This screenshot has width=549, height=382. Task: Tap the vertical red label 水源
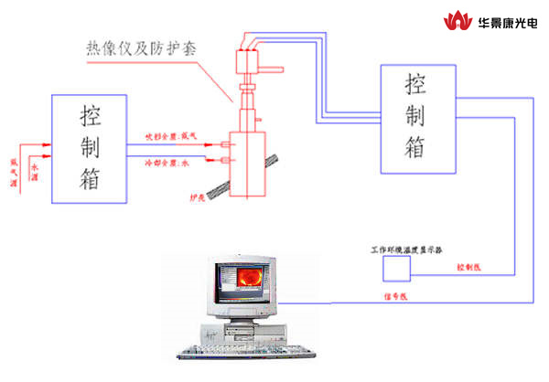point(36,171)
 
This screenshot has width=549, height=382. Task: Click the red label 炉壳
point(196,196)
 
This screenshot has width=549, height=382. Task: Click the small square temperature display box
point(396,270)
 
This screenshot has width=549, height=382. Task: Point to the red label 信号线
point(394,295)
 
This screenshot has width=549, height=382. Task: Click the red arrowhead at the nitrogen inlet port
point(221,144)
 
